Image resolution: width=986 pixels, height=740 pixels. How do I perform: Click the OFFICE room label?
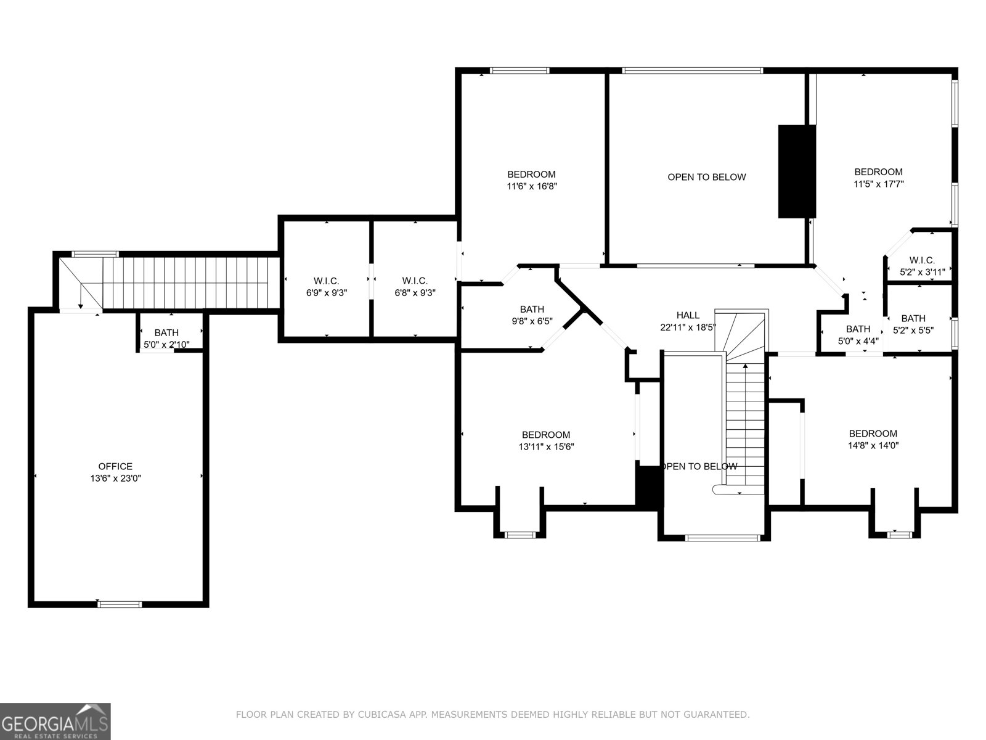coord(115,466)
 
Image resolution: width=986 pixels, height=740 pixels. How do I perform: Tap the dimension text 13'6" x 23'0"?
coord(116,479)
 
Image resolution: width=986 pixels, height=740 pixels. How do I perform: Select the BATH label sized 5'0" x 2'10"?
coord(166,333)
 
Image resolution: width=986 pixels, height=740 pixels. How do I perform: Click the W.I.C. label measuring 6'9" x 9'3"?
coord(327,281)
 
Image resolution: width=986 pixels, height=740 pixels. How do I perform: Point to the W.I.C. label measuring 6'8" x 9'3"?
coord(415,281)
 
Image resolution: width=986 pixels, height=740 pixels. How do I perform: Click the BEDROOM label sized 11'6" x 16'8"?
coord(531,175)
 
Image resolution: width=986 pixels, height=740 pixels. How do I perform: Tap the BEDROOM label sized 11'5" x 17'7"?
coord(878,172)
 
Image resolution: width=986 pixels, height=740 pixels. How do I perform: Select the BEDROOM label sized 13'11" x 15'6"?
coord(545,435)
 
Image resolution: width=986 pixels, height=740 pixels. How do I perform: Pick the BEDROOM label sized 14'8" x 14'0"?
coord(873,434)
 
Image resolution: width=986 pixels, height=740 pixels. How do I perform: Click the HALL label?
coord(688,315)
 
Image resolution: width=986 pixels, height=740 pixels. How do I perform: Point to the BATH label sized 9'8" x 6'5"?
coord(532,310)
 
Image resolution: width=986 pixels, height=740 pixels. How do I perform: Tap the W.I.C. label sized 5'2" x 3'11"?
coord(922,260)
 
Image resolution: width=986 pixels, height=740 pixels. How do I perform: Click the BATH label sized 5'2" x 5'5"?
coord(913,318)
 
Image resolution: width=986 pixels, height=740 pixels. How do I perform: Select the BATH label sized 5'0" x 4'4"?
coord(858,329)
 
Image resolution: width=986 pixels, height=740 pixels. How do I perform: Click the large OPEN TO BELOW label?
coord(707,177)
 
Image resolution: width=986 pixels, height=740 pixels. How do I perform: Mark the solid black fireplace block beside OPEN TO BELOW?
coord(796,171)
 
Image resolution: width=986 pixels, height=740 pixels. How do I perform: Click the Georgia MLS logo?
coord(55,721)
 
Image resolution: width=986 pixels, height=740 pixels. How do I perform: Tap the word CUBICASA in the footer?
coord(369,715)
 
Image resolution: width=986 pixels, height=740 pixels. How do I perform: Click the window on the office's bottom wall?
coord(120,604)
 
